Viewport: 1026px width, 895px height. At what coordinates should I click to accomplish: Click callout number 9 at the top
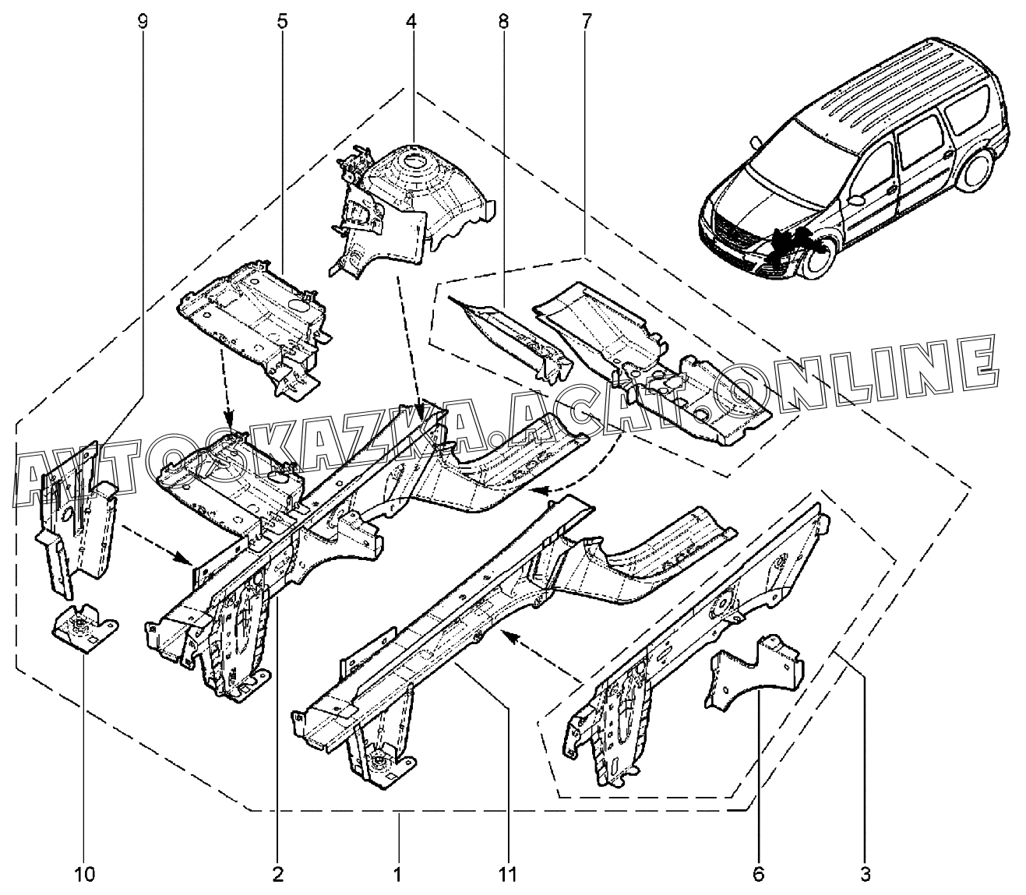click(142, 21)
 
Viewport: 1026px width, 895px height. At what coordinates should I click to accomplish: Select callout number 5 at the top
click(281, 21)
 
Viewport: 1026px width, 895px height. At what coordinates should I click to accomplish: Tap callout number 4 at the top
click(411, 21)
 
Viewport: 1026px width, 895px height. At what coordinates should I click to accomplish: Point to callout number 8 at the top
click(503, 21)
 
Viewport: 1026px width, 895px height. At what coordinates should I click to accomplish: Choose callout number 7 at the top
click(586, 21)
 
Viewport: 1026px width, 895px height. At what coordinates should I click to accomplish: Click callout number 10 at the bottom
click(86, 875)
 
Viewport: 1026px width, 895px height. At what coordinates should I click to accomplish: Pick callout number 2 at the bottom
click(277, 875)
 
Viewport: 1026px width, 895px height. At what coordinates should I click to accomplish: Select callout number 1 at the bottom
click(397, 875)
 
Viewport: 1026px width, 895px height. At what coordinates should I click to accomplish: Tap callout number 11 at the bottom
click(507, 875)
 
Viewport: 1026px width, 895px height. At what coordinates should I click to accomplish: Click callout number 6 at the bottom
click(759, 875)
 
